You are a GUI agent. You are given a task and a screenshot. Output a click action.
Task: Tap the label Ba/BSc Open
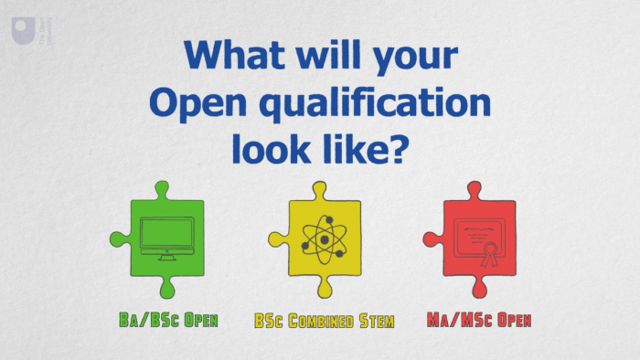(x=168, y=321)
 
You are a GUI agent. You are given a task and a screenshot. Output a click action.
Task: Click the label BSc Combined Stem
(x=324, y=321)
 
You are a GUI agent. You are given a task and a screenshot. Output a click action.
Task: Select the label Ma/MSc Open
(x=478, y=321)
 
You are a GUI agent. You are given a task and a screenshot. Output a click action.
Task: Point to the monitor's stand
(x=167, y=255)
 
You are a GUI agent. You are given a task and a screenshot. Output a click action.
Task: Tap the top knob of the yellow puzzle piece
(x=319, y=191)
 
